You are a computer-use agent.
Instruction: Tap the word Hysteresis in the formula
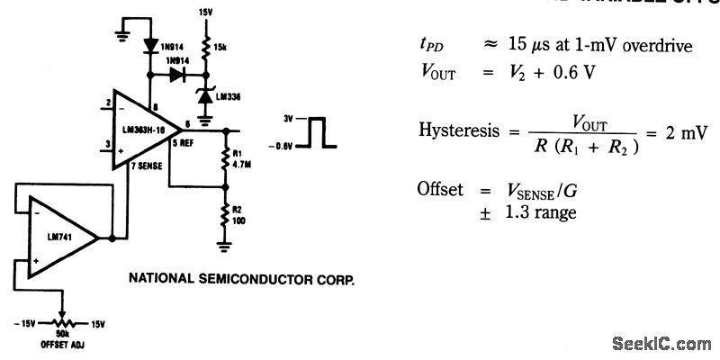457,130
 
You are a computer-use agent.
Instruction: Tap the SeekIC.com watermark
661,343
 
